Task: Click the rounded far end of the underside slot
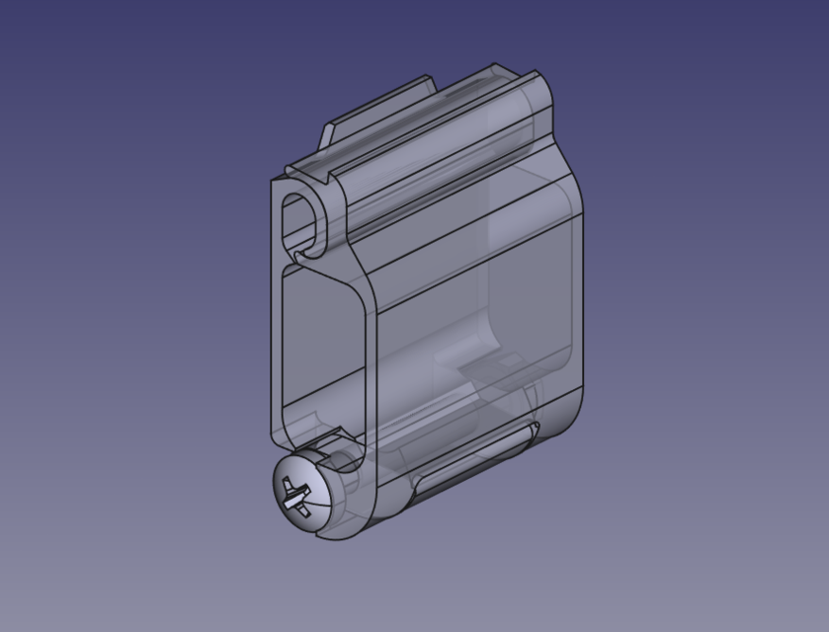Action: pos(532,431)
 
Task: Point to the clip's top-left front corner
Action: pos(276,182)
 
